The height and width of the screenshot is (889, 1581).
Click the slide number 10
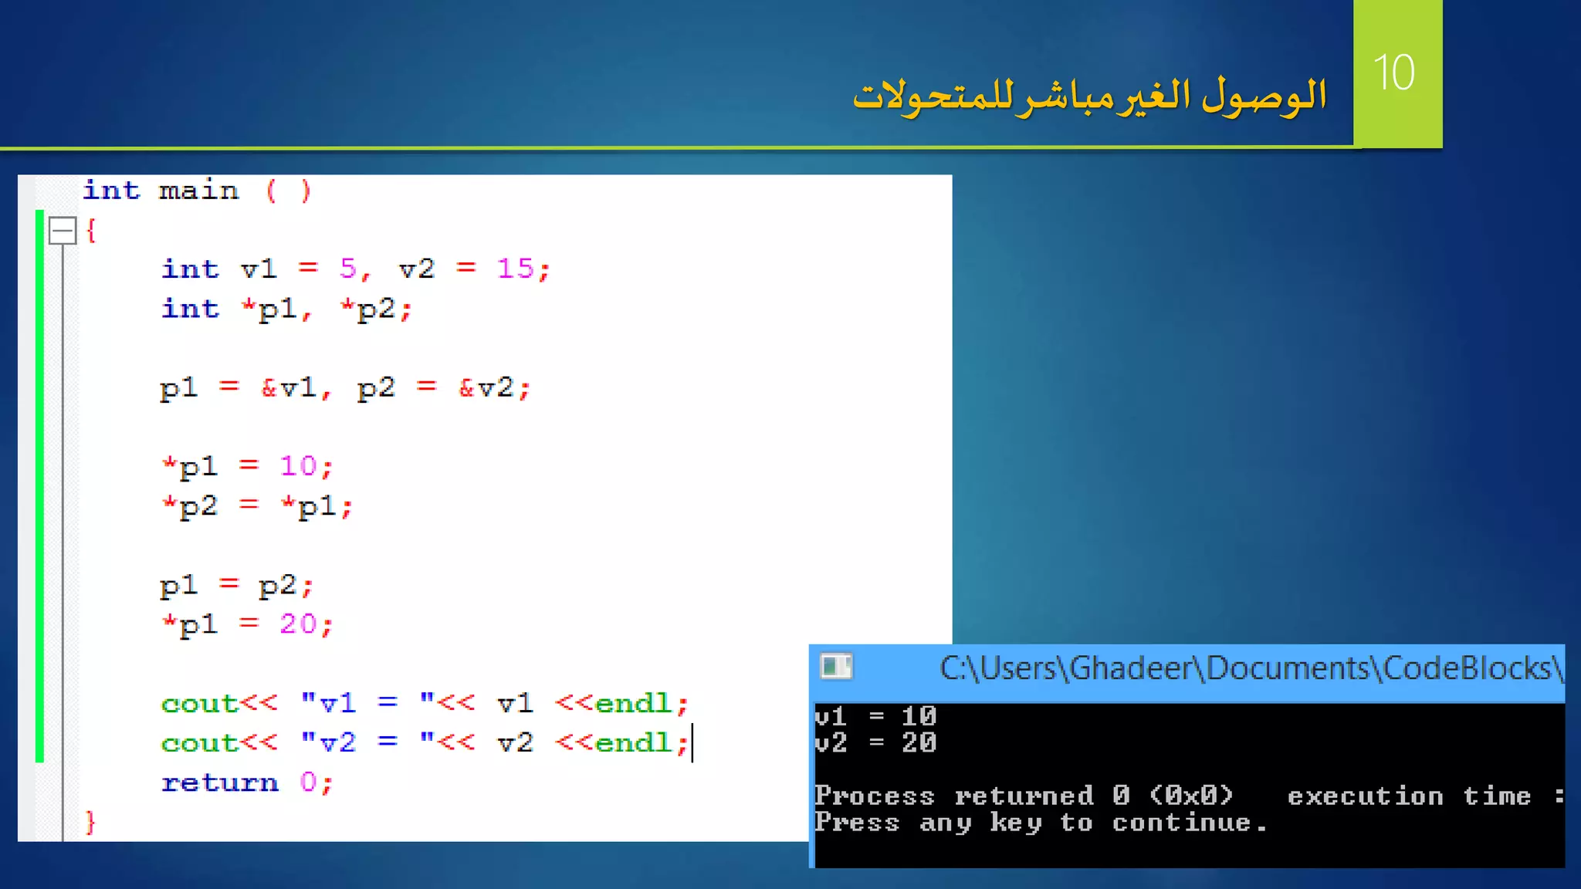(x=1394, y=73)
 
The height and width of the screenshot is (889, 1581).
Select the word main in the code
(x=198, y=190)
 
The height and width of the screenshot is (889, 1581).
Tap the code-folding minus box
(x=62, y=231)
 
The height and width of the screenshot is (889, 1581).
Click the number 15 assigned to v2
(x=515, y=269)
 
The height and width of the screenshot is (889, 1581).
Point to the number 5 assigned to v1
(x=348, y=269)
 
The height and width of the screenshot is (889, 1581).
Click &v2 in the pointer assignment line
(x=486, y=387)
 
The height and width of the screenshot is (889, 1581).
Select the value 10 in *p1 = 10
(x=298, y=466)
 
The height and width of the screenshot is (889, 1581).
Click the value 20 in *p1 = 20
(x=298, y=624)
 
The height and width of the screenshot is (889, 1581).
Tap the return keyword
(x=219, y=783)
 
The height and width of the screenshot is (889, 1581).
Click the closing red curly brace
(x=90, y=822)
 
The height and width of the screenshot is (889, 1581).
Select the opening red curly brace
(x=91, y=230)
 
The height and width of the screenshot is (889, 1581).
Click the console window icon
(x=836, y=667)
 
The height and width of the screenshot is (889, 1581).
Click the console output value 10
(x=919, y=716)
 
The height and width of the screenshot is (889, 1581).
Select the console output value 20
(x=919, y=742)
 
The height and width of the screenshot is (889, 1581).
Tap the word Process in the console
(x=874, y=796)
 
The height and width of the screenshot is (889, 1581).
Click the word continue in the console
(x=1180, y=823)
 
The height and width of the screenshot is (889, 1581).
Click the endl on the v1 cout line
(x=633, y=703)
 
